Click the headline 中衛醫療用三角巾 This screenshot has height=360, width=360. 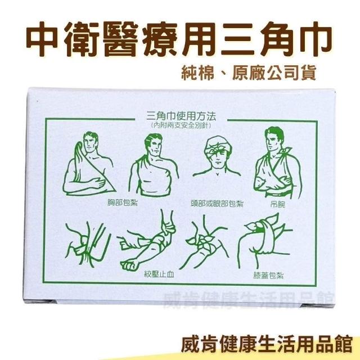(x=178, y=39)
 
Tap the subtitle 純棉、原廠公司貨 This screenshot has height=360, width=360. (x=249, y=73)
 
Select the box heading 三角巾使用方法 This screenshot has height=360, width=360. (x=181, y=116)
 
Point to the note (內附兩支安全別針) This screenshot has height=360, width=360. (x=181, y=125)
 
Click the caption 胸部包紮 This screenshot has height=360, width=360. (x=123, y=202)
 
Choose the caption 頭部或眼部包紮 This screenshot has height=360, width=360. (x=217, y=204)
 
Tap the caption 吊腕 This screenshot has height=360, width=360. (x=277, y=204)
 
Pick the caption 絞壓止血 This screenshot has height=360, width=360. (x=159, y=274)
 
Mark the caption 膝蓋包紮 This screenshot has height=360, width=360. (x=268, y=275)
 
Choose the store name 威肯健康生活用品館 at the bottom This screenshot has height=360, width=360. (x=267, y=345)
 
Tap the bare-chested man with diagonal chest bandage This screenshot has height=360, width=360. (x=154, y=165)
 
